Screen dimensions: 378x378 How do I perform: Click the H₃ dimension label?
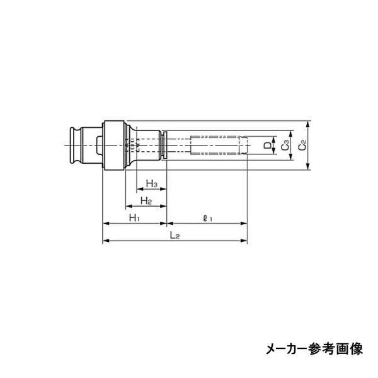[151, 183]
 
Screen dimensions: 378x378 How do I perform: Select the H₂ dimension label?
[146, 200]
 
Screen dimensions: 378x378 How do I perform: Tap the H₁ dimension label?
[134, 217]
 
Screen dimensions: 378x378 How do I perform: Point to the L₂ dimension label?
[175, 235]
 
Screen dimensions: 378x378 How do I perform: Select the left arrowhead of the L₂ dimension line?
[105, 241]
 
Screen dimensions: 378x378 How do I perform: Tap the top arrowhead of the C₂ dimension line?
[308, 122]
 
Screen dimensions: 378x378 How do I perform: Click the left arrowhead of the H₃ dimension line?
[139, 189]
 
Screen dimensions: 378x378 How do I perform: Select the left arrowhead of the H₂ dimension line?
[126, 206]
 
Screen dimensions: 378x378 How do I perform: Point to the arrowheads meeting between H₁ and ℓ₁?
[167, 223]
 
